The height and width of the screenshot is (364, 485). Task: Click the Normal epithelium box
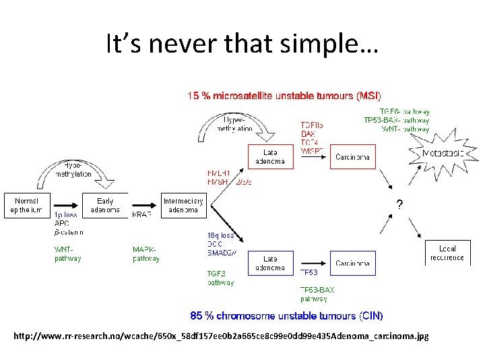(x=27, y=205)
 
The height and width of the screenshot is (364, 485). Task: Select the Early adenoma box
(x=105, y=205)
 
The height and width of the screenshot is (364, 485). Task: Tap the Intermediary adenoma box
(x=183, y=205)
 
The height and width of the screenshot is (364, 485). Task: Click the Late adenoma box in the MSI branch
(x=269, y=156)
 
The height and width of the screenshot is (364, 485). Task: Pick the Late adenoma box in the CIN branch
(x=269, y=263)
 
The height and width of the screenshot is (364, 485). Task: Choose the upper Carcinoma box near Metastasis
(x=352, y=156)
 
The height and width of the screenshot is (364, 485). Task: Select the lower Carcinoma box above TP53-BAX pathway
(x=352, y=263)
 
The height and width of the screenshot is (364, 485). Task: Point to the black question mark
(x=400, y=205)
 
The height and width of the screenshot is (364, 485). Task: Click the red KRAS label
(x=143, y=214)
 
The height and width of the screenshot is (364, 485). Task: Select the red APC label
(x=62, y=223)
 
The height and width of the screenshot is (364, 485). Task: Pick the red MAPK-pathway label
(x=146, y=253)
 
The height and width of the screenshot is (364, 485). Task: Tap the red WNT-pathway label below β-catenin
(x=68, y=253)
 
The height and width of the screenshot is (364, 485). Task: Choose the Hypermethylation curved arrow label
(x=235, y=124)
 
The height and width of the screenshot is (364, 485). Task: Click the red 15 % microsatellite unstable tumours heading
(x=284, y=96)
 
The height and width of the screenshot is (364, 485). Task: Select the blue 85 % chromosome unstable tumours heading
(x=286, y=315)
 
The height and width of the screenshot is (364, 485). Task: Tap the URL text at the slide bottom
(x=220, y=336)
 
